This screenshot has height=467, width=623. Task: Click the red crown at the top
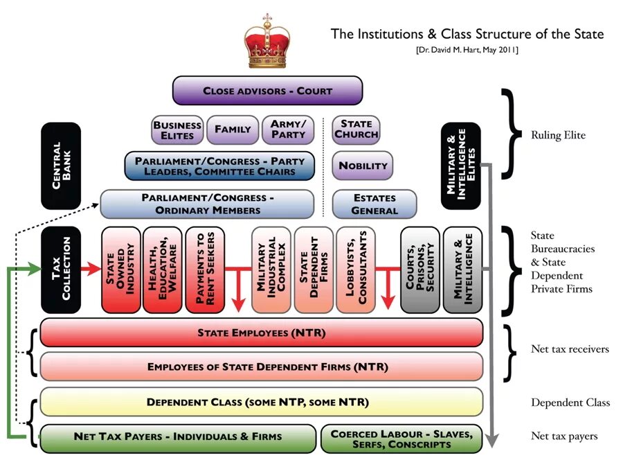point(267,42)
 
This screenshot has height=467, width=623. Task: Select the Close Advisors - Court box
point(267,91)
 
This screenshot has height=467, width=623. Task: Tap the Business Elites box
point(177,130)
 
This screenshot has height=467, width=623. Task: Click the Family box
point(233,130)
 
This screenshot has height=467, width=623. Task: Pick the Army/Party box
point(288,130)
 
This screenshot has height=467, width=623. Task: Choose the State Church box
point(356,130)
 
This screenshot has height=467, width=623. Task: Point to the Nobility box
point(363,166)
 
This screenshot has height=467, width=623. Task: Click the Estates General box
point(374,204)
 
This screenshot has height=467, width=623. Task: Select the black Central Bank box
point(61,166)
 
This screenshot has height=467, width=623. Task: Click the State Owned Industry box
point(120,269)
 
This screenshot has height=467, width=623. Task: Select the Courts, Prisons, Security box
point(420,269)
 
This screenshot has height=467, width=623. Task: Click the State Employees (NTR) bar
point(262,333)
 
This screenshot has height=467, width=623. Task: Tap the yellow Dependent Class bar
point(262,402)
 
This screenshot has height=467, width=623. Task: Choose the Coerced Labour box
point(401,439)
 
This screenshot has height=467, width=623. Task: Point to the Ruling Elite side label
point(558,135)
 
